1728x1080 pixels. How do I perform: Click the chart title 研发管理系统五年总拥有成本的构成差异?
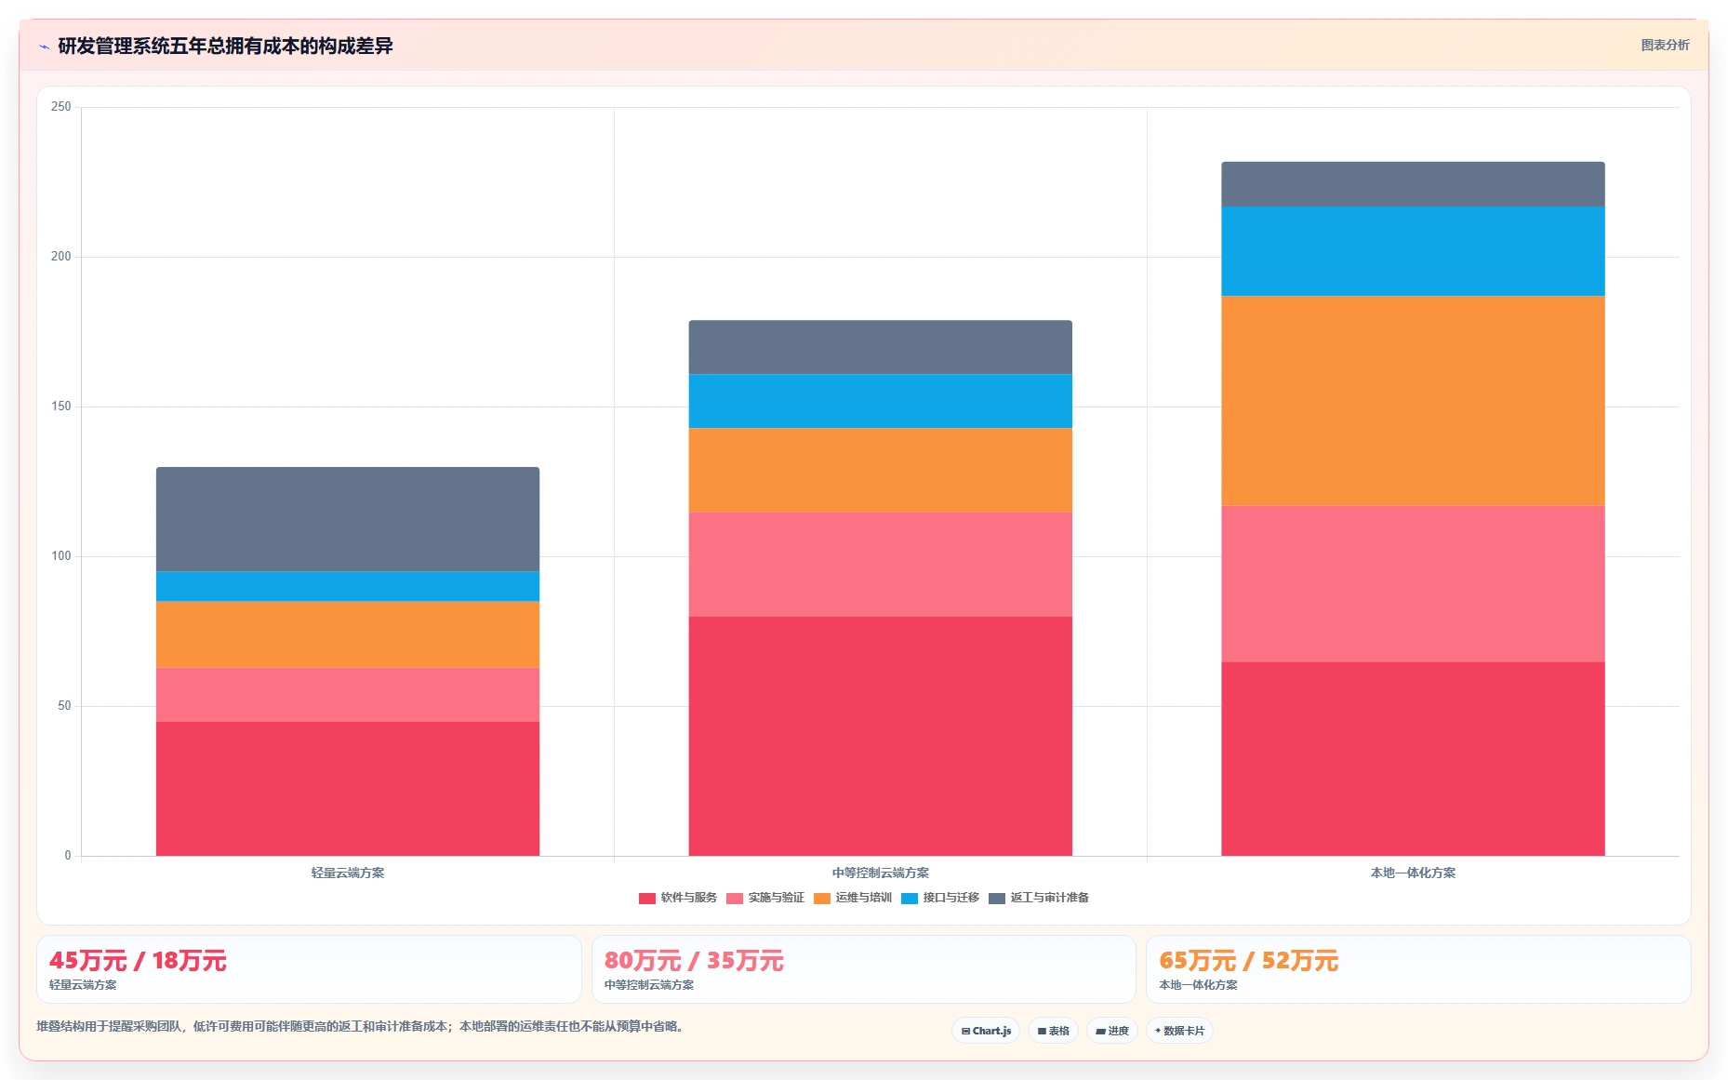click(225, 46)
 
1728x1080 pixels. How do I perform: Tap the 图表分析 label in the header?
click(1665, 45)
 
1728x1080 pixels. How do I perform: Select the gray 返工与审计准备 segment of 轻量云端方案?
click(348, 519)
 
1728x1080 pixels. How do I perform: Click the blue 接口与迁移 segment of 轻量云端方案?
click(348, 586)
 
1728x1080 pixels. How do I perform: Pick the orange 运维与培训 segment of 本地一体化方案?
click(1413, 401)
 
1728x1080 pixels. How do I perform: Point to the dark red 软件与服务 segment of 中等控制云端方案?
click(880, 736)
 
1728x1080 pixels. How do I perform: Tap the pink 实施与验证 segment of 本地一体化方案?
click(1413, 583)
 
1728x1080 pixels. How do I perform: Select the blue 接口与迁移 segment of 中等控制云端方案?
click(880, 401)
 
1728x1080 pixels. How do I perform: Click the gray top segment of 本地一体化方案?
click(1413, 184)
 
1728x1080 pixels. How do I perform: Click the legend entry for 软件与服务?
click(678, 898)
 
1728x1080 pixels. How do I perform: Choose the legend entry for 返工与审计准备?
click(1039, 898)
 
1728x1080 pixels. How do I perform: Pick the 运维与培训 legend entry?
click(853, 898)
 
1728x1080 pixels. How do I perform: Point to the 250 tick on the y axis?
click(61, 107)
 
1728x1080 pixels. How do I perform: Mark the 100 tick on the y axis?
click(61, 556)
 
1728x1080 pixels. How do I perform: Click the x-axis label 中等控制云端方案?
click(880, 873)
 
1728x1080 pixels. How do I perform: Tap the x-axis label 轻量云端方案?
click(348, 873)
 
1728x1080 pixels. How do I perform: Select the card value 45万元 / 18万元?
click(138, 960)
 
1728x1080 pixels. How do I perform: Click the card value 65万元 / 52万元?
click(1248, 960)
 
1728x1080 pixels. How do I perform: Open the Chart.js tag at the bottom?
click(986, 1031)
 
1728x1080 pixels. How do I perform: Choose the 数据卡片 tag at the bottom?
click(1179, 1031)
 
